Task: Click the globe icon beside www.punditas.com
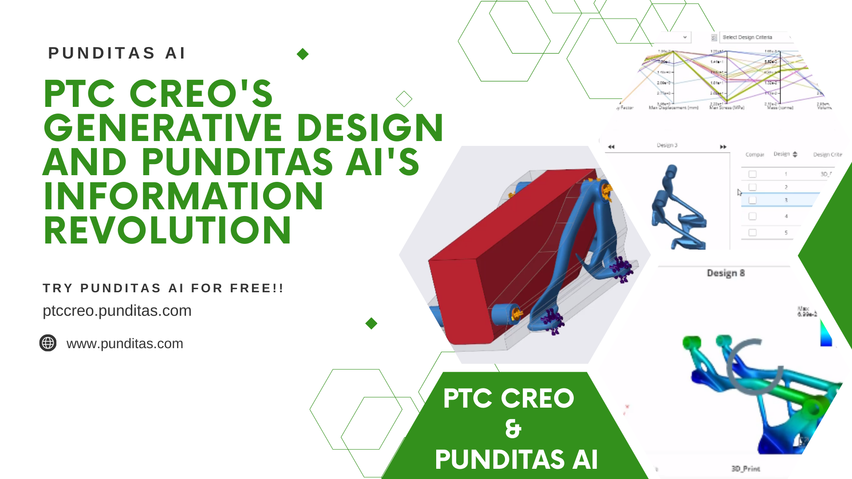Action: [48, 343]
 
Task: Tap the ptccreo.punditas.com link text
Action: [117, 310]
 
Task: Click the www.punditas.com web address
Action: [125, 344]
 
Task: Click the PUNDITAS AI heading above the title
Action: [117, 53]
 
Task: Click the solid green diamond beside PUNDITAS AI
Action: [303, 54]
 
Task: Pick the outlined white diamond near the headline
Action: [404, 99]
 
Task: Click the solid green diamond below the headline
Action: [371, 323]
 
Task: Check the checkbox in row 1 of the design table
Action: [752, 174]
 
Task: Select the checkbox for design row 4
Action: [752, 216]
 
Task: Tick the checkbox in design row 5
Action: [752, 232]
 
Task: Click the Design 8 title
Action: [726, 273]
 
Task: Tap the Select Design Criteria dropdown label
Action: [747, 37]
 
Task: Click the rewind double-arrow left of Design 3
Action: [611, 147]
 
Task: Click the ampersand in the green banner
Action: [513, 428]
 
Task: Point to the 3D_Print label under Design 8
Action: [745, 469]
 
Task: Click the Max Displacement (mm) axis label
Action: [673, 108]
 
